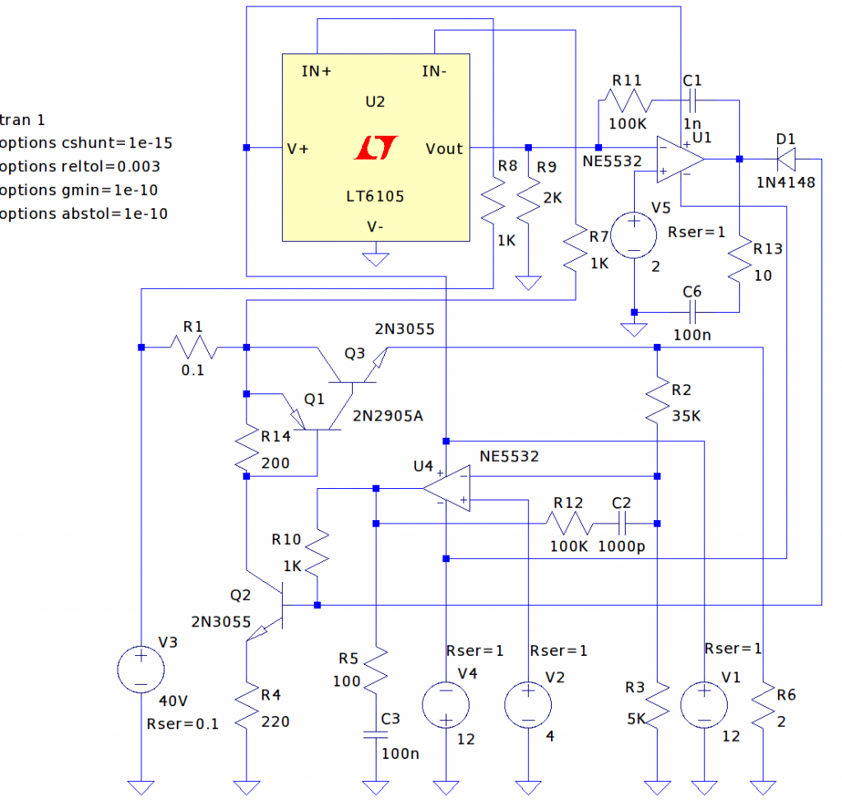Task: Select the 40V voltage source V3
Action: tap(141, 667)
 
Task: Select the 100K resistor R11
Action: tap(626, 101)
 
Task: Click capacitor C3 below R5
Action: tap(376, 733)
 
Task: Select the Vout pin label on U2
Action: tap(444, 149)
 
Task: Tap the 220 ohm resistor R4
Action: tap(246, 709)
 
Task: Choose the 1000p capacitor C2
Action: tap(622, 523)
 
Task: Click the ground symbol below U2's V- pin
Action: tap(376, 259)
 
